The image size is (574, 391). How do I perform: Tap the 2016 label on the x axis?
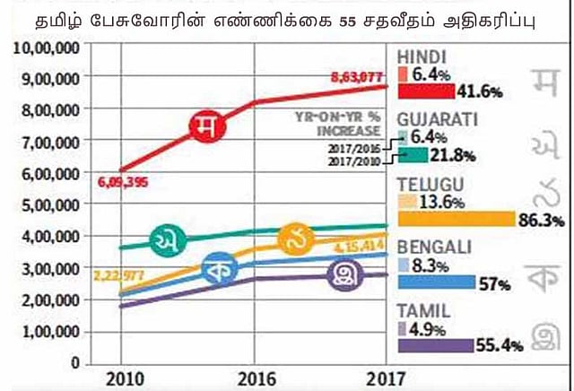(257, 378)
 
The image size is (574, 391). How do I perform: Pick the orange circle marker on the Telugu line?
(295, 238)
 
